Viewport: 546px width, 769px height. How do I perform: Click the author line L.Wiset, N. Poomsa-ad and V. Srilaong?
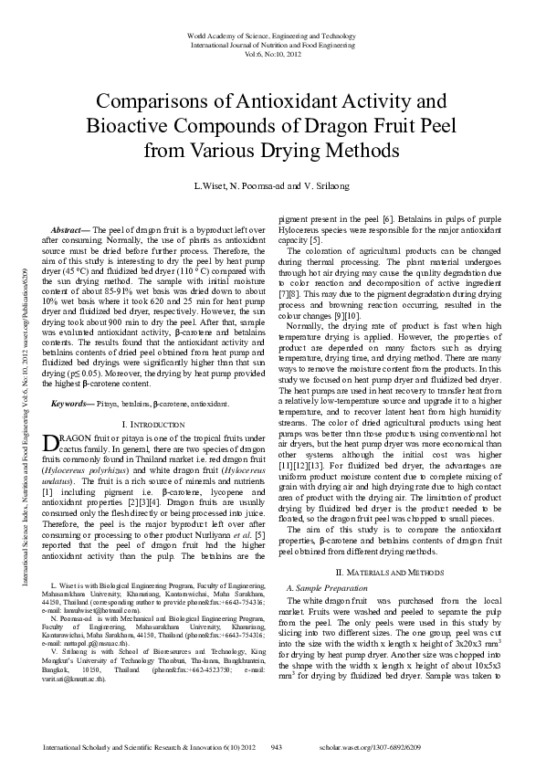[x=272, y=186]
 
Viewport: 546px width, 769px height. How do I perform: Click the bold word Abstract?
[x=68, y=229]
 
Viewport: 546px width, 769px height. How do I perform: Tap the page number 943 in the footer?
[x=276, y=747]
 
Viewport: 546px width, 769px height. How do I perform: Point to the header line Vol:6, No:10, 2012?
[x=272, y=54]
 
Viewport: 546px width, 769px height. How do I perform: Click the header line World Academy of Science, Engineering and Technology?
[x=272, y=36]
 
